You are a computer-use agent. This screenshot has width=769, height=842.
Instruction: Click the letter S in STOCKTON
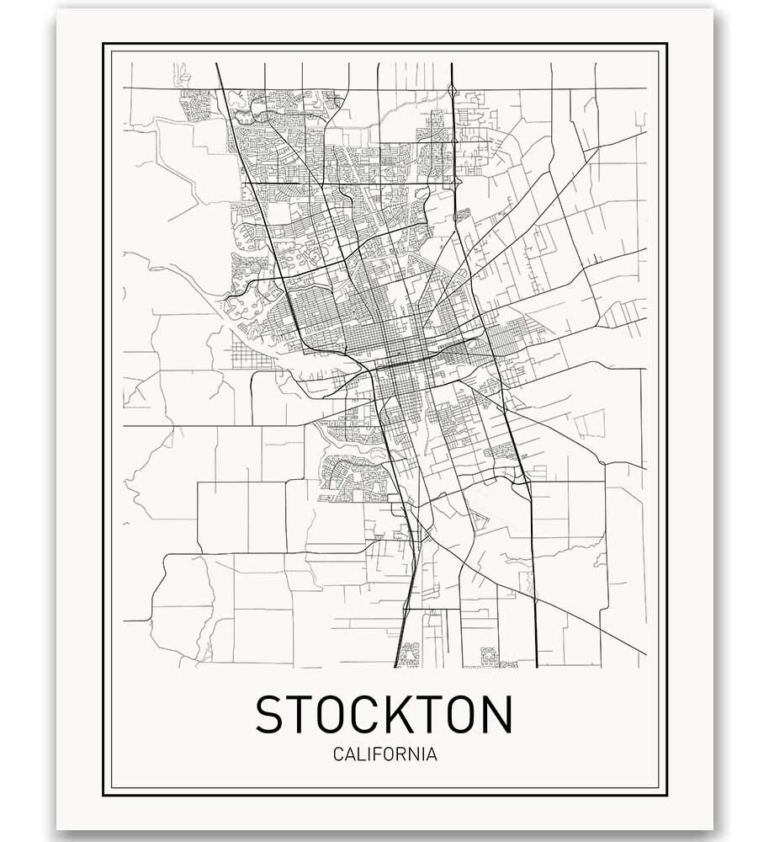pyautogui.click(x=272, y=714)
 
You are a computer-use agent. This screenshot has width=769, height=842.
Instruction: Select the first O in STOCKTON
pyautogui.click(x=334, y=714)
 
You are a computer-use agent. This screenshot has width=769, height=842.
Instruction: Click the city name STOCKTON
pyautogui.click(x=384, y=714)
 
